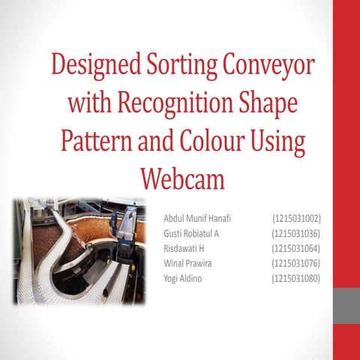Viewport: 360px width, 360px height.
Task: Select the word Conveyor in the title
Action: click(267, 65)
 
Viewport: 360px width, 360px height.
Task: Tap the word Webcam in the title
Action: click(183, 181)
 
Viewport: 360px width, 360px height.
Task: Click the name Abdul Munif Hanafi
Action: click(196, 218)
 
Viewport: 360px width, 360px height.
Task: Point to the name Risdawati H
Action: click(184, 248)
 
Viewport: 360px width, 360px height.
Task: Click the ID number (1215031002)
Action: click(296, 218)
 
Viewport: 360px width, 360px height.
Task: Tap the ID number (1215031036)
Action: click(296, 233)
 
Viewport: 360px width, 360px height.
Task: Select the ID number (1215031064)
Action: click(296, 248)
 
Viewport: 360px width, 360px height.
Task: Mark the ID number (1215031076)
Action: click(296, 263)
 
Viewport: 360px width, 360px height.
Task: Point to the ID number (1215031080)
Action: click(296, 278)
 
